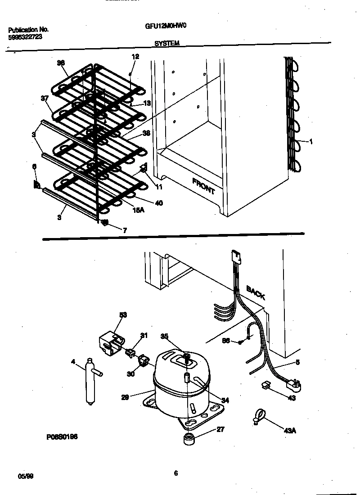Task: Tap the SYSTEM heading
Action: click(167, 44)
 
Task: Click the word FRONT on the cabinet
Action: click(203, 186)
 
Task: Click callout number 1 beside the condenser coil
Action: click(311, 142)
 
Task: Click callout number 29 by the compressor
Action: click(126, 397)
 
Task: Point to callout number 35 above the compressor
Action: click(165, 336)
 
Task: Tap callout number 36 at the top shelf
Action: click(61, 63)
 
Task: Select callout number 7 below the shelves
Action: click(125, 230)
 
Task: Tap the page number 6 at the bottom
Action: click(176, 472)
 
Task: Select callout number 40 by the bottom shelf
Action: click(158, 203)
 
